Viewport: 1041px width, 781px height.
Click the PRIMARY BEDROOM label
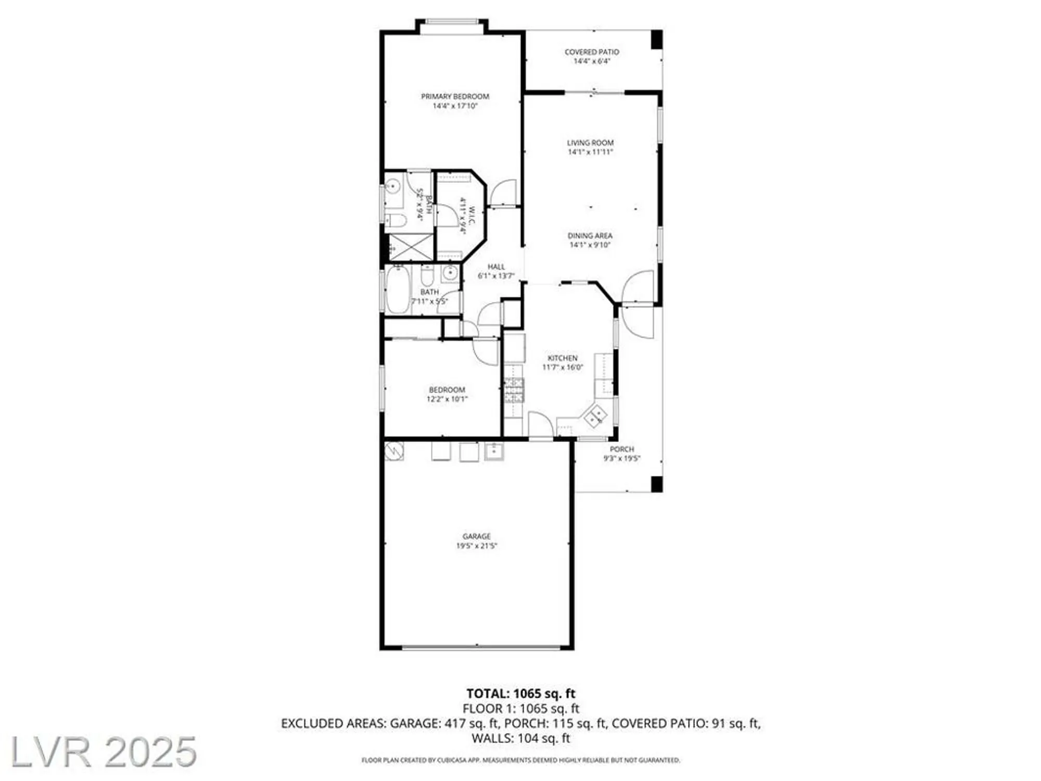point(455,96)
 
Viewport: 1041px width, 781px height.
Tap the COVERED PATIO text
point(592,52)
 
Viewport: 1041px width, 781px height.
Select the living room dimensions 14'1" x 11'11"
point(590,152)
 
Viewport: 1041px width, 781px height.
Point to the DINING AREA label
point(590,236)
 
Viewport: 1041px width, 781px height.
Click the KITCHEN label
point(562,358)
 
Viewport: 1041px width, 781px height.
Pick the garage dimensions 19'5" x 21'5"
point(476,546)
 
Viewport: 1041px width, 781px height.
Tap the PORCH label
point(622,449)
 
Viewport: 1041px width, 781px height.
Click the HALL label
point(496,267)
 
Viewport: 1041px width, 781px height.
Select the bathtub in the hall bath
point(397,291)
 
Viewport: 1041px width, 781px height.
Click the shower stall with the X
point(411,247)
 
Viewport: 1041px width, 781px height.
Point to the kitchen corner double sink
point(595,415)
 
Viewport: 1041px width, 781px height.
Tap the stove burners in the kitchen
point(514,391)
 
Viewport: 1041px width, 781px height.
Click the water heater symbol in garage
point(394,451)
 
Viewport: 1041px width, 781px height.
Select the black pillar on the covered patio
point(657,40)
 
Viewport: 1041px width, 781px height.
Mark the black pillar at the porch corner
point(657,484)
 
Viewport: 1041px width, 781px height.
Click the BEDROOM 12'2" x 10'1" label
point(447,394)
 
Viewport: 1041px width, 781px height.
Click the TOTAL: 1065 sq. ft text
point(520,694)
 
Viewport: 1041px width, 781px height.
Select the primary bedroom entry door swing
point(504,193)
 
